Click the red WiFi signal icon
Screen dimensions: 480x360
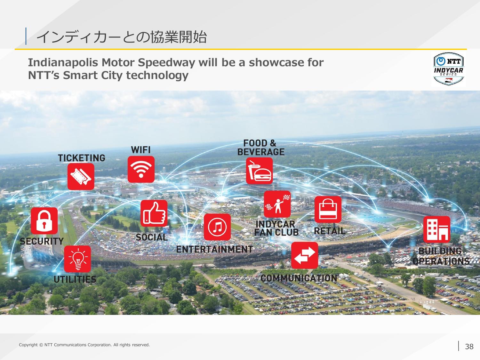click(141, 169)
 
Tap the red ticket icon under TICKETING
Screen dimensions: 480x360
click(81, 176)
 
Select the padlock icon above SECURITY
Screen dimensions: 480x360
click(44, 221)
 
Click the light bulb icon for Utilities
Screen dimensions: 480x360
click(77, 259)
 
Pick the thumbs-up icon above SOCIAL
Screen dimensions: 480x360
click(154, 213)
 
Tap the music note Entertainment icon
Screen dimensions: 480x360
click(217, 227)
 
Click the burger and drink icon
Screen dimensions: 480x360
click(259, 171)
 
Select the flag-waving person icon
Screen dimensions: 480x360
click(277, 204)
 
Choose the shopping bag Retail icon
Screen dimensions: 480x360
click(328, 209)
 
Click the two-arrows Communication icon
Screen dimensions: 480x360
click(305, 255)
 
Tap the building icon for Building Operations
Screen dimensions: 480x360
click(437, 229)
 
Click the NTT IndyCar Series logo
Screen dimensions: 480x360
click(449, 69)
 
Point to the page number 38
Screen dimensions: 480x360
click(469, 347)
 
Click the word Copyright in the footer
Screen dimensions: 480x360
click(28, 345)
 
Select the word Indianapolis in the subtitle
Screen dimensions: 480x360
click(63, 63)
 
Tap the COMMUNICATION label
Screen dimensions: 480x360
click(299, 278)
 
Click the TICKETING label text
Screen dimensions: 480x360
click(82, 158)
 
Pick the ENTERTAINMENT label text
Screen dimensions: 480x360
click(214, 249)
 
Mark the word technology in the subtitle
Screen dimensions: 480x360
click(157, 76)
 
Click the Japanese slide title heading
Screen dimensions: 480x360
click(122, 37)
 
